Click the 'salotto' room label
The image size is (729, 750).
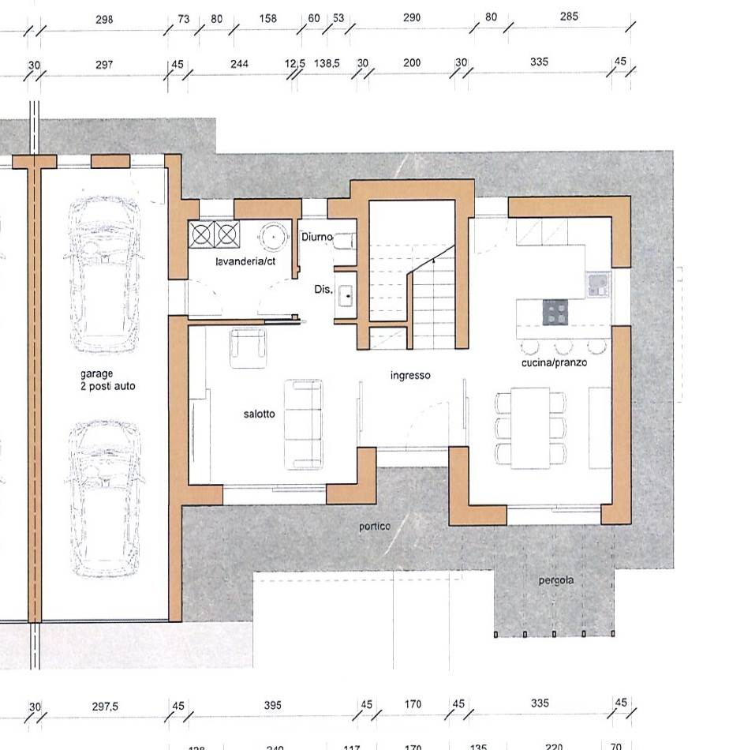259,414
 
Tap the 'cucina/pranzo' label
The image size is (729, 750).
554,362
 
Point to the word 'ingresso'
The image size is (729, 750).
410,376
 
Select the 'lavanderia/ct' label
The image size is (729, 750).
245,261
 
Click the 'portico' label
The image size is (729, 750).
375,527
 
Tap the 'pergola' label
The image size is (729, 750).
556,581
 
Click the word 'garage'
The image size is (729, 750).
96,373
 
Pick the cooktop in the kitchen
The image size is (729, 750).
555,313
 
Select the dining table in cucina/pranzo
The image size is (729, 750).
530,428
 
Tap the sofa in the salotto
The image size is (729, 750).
303,424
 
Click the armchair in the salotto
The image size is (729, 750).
248,347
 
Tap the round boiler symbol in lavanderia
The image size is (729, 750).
274,236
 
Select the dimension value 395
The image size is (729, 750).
272,705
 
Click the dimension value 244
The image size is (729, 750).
239,64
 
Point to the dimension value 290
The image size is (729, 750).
412,17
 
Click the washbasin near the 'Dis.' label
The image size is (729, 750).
345,295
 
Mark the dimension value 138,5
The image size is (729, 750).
327,63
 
